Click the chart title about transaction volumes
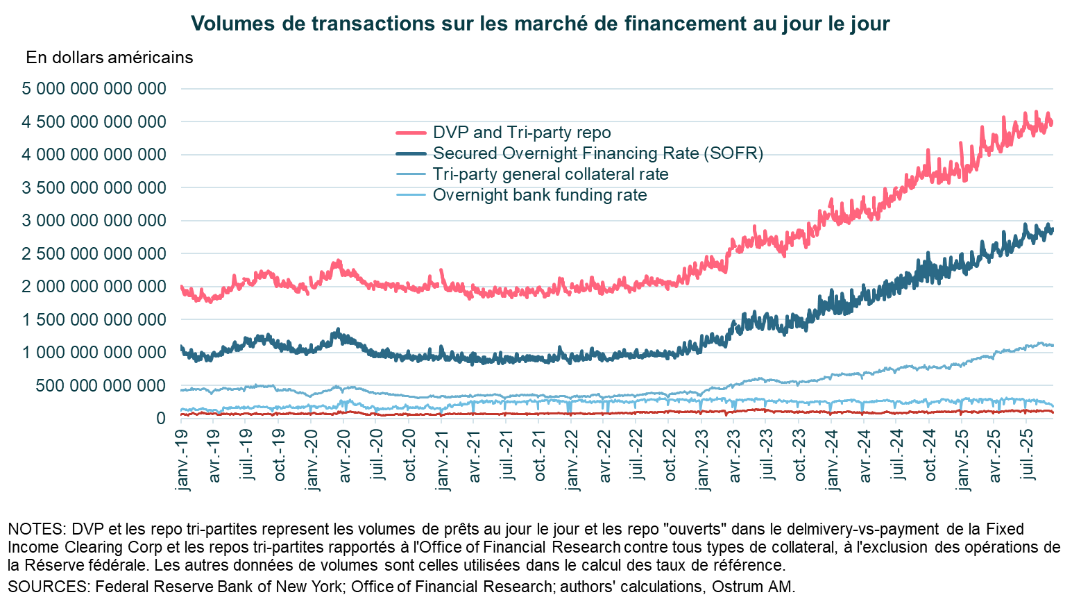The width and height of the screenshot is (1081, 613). [540, 24]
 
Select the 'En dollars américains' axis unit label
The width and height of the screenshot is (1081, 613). [110, 58]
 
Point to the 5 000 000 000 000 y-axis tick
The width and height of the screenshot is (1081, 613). [94, 89]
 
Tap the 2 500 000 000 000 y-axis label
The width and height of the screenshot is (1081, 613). [94, 254]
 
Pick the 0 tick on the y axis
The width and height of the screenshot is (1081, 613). [161, 419]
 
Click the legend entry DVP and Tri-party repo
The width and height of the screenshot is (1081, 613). [522, 133]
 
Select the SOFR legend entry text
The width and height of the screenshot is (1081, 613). [598, 153]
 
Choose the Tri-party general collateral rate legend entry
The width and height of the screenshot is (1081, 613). [550, 174]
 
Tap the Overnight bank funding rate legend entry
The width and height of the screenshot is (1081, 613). [540, 195]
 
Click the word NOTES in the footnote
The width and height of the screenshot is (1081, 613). [33, 529]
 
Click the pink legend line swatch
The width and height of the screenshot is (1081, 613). [411, 133]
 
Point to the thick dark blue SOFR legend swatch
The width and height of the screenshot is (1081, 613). [411, 153]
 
